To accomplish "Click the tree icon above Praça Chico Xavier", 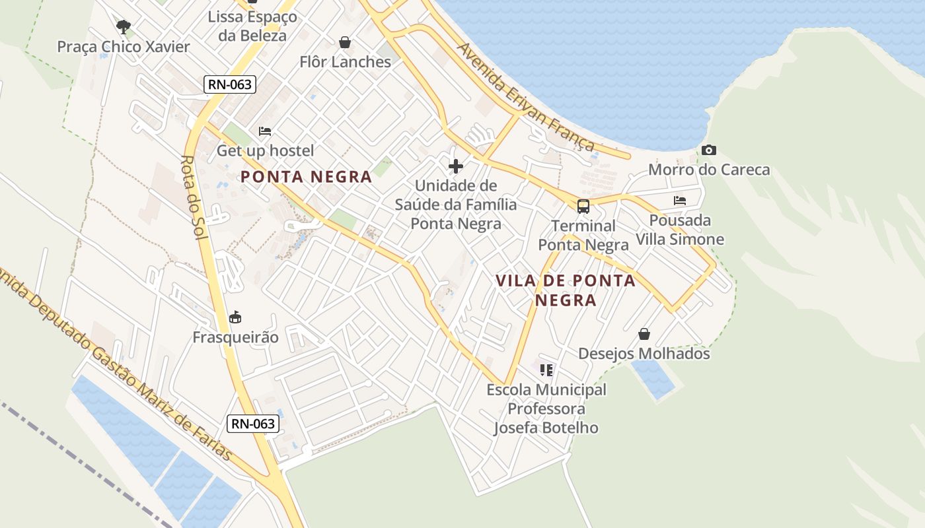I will coord(123,26).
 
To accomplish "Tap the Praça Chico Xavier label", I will coord(124,47).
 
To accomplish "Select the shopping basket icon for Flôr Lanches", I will coord(345,43).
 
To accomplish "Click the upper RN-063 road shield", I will coord(230,84).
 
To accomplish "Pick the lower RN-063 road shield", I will coord(253,424).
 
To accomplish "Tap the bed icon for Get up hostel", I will coord(265,131).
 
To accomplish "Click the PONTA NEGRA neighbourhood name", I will coord(307,177).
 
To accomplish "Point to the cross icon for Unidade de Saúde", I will coord(455,166).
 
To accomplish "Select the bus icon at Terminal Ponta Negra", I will coord(583,207).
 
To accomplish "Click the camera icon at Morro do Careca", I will coord(709,150).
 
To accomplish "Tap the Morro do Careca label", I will coord(709,170).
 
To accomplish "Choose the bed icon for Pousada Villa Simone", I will coord(680,201).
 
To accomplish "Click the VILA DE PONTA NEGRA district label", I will coord(566,290).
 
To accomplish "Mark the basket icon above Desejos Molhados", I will coord(644,335).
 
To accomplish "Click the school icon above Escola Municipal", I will coord(546,370).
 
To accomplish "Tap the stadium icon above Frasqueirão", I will coord(235,318).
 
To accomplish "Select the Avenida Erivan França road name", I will coord(526,97).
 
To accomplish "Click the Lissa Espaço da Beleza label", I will coord(252,26).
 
